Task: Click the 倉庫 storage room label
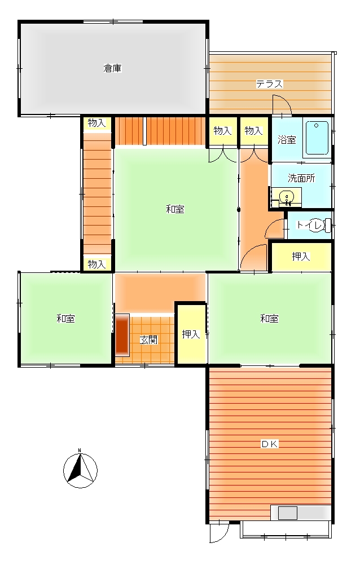(x=112, y=68)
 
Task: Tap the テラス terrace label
(x=269, y=84)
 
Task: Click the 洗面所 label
(x=301, y=178)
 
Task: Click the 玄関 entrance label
(x=148, y=339)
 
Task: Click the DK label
(x=270, y=444)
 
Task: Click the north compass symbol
(x=80, y=470)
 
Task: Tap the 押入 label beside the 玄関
(x=191, y=334)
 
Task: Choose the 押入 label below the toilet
(x=301, y=256)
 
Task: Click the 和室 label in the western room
(x=65, y=319)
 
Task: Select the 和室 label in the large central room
(x=175, y=209)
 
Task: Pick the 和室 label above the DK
(x=269, y=319)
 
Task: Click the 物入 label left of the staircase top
(x=96, y=123)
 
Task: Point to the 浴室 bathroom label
(x=287, y=140)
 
